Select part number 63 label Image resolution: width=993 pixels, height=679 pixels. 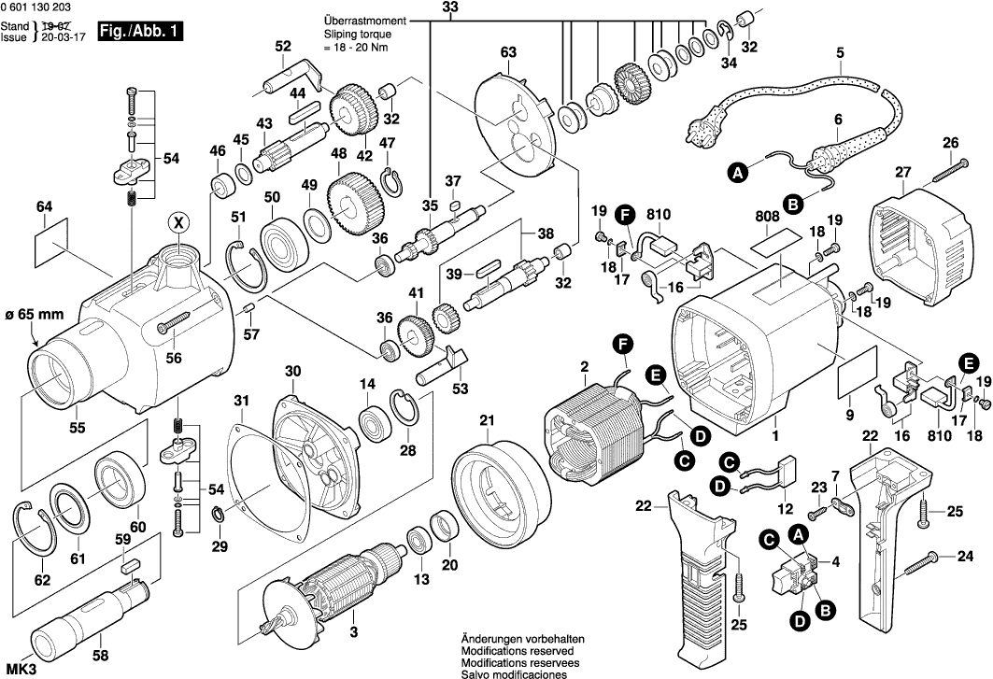[507, 51]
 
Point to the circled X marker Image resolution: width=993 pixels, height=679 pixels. [177, 221]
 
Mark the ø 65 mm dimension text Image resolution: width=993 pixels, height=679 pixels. [35, 315]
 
